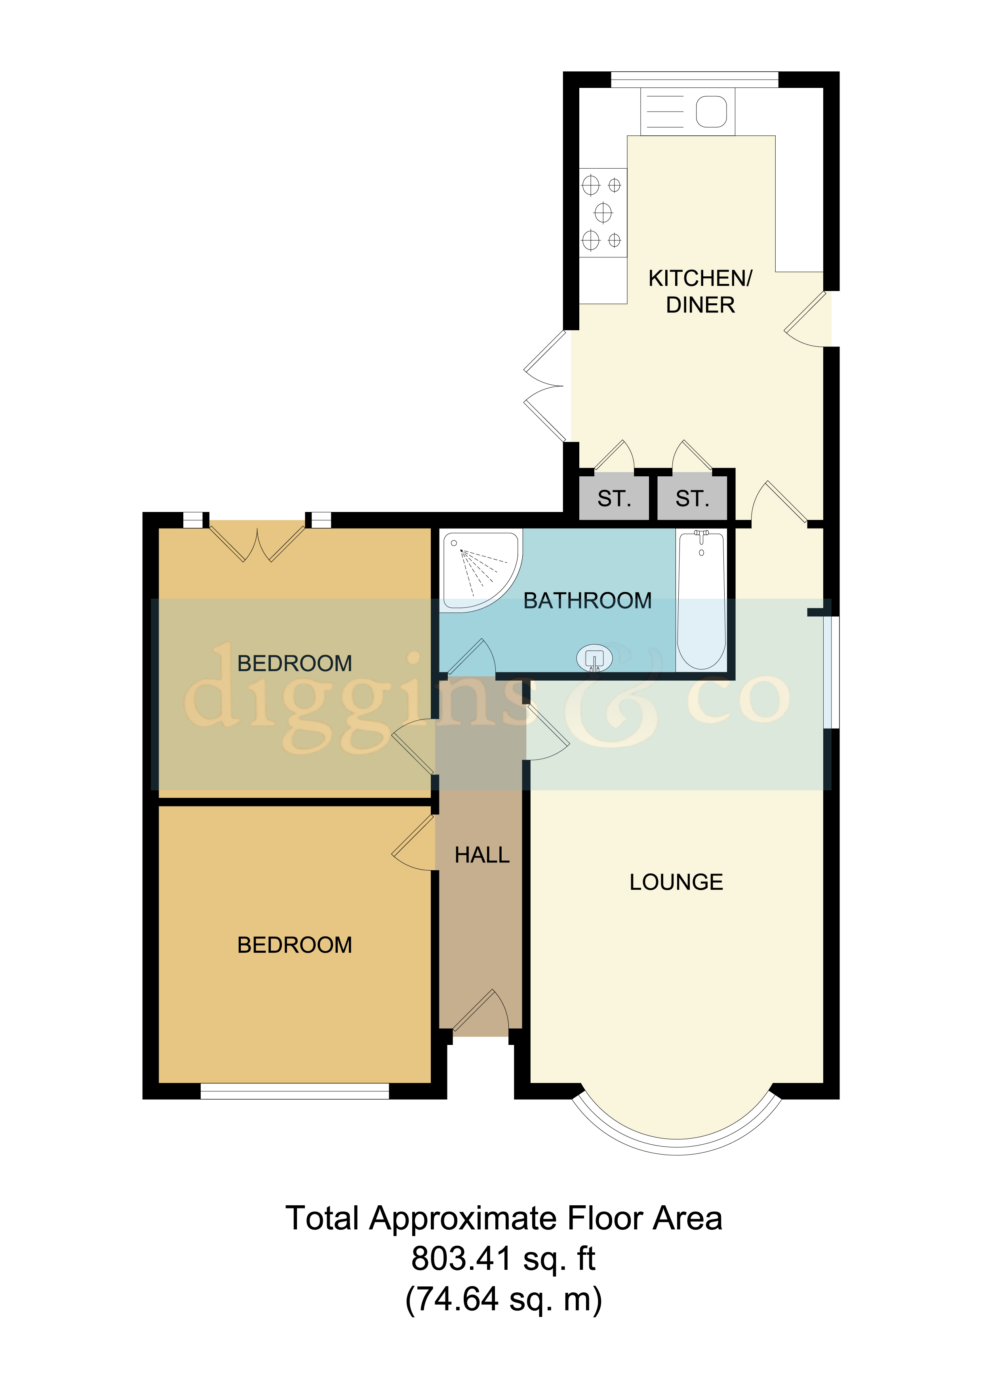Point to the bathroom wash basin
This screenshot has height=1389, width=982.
594,658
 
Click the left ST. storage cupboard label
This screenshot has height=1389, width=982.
614,499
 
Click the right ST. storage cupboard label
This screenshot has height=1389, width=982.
692,499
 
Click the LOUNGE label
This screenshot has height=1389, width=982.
676,883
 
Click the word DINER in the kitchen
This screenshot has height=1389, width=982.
700,305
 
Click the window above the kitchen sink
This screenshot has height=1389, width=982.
694,79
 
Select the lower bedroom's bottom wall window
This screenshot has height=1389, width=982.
295,1091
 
